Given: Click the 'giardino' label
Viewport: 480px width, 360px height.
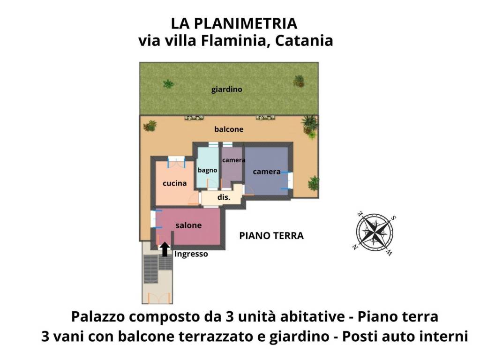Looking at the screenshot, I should tap(226, 89).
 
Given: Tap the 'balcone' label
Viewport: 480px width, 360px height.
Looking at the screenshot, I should tap(229, 129).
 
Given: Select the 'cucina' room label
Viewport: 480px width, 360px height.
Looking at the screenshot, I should tap(174, 183).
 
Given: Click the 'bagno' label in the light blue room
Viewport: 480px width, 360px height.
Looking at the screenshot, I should tap(207, 170).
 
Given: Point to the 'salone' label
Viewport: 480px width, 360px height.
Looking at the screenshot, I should tap(188, 225).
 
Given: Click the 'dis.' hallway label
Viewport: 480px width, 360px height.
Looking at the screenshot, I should tap(224, 198).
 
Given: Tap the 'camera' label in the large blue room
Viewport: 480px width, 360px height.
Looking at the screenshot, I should tap(267, 172).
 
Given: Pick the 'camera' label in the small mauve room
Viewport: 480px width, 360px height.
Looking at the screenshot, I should tap(233, 160).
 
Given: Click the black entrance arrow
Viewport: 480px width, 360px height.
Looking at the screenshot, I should tap(165, 249).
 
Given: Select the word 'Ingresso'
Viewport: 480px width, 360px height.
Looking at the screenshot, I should tap(191, 255).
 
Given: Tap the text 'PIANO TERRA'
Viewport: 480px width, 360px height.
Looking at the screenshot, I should tap(271, 236).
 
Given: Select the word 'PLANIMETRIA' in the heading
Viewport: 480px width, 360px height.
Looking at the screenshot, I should tap(249, 23).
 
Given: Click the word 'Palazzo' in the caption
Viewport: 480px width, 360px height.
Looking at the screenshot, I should tap(97, 317).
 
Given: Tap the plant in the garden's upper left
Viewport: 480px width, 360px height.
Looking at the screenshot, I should tap(168, 84).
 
